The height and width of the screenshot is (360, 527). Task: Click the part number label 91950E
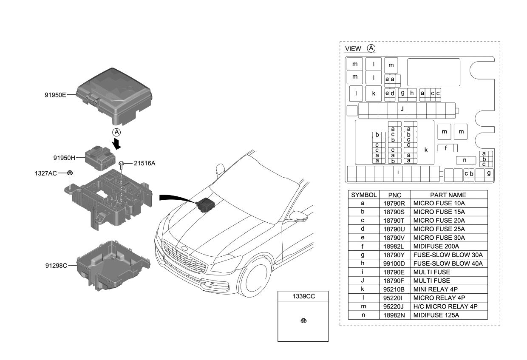(x=55, y=95)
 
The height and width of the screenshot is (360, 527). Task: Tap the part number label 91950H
(x=64, y=158)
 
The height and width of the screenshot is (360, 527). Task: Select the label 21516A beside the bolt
(x=144, y=162)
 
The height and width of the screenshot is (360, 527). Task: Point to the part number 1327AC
(x=45, y=173)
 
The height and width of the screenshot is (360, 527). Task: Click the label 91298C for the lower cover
(x=56, y=265)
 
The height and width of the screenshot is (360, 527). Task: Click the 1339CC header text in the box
(x=303, y=296)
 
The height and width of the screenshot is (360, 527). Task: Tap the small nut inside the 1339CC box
(x=303, y=320)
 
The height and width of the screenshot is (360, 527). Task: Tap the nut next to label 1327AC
(x=71, y=173)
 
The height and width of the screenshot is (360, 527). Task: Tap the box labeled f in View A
(x=445, y=148)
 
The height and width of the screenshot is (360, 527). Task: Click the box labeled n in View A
(x=465, y=160)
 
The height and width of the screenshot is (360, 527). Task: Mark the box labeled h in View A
(x=412, y=93)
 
